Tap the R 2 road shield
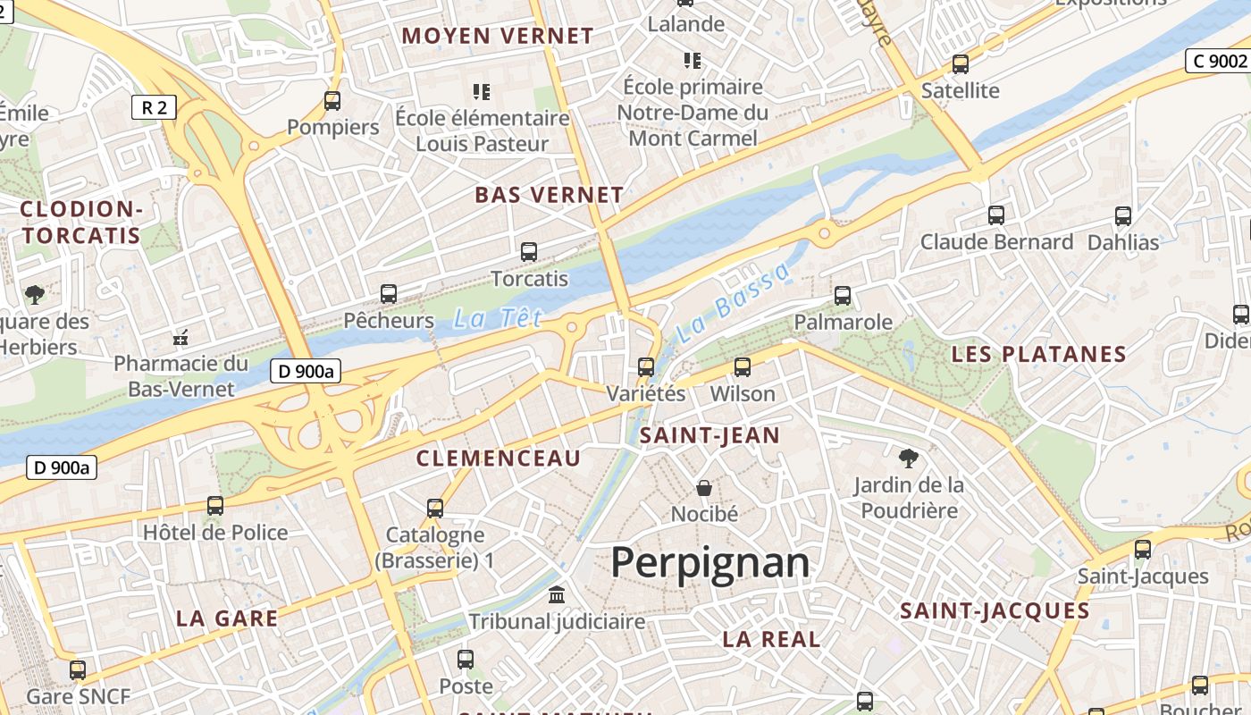(x=154, y=108)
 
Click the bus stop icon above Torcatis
(x=529, y=252)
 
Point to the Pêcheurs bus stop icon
(x=389, y=293)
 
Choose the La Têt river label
(x=498, y=318)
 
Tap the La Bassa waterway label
(x=734, y=304)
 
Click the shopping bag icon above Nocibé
(x=704, y=488)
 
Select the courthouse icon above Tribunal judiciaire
(x=557, y=594)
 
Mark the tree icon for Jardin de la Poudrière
(x=909, y=458)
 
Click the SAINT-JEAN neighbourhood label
(x=710, y=436)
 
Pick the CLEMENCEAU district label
(x=499, y=458)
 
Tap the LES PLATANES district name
(x=1038, y=354)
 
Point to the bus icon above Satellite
(x=961, y=64)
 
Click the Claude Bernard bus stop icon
(x=996, y=215)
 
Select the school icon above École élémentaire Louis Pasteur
(x=482, y=91)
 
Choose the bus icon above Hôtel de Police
(x=215, y=506)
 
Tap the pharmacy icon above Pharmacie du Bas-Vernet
(x=181, y=338)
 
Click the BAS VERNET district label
(x=549, y=195)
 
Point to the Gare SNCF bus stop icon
(x=78, y=670)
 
